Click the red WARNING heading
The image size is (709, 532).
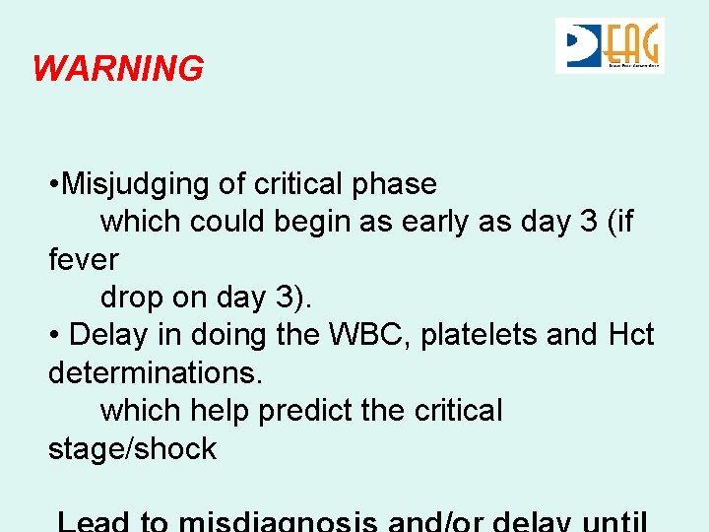point(118,69)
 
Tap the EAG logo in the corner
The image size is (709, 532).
point(610,45)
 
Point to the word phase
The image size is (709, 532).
point(401,184)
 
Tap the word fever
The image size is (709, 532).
point(83,260)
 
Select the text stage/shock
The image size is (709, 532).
point(132,449)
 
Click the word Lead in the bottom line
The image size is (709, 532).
point(95,520)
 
